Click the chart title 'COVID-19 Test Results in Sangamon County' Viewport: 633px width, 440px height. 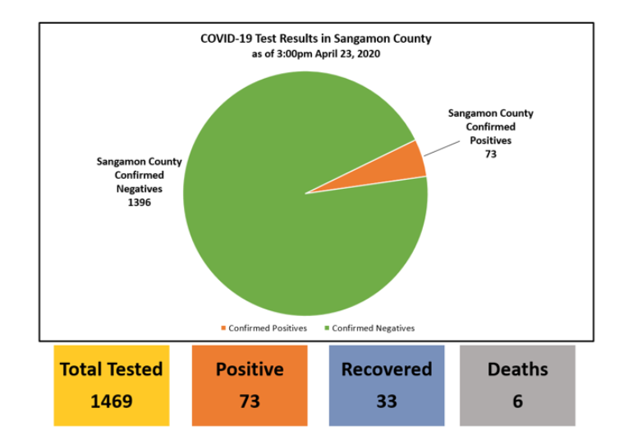(316, 39)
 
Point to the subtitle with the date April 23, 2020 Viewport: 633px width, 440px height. (316, 53)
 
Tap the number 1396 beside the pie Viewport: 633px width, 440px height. (139, 202)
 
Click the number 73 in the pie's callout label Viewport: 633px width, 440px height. (490, 154)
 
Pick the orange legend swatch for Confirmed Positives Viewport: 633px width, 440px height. (223, 328)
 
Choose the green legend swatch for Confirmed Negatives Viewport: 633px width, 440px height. (327, 328)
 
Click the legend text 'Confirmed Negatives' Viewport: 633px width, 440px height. (374, 328)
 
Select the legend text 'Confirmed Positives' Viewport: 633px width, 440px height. (268, 328)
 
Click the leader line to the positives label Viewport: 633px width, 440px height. (442, 146)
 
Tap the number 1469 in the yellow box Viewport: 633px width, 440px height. (112, 401)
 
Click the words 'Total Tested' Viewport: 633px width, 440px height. (112, 369)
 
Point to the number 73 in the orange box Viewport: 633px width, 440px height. (250, 401)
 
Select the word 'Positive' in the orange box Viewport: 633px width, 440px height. (250, 369)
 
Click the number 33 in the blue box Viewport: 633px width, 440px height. (386, 401)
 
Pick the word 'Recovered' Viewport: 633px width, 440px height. (386, 369)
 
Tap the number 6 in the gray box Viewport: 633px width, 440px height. (517, 401)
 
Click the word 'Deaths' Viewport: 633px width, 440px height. (517, 369)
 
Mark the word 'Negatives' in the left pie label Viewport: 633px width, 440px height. (139, 189)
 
